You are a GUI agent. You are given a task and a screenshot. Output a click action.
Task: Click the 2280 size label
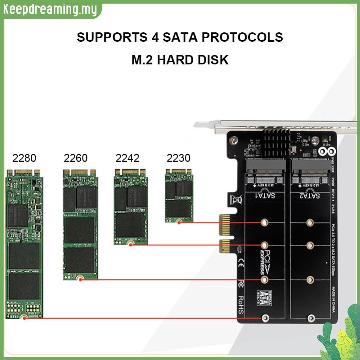click(x=24, y=158)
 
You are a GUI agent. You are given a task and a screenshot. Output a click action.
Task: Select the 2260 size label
click(x=76, y=158)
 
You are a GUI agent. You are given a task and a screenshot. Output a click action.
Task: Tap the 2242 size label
click(x=127, y=158)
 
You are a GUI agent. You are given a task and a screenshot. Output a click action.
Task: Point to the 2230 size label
click(x=179, y=158)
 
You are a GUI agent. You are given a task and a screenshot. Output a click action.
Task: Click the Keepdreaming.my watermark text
click(x=50, y=10)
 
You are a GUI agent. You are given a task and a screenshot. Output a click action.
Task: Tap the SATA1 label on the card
click(x=265, y=196)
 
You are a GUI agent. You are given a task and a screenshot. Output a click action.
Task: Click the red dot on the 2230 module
click(x=179, y=222)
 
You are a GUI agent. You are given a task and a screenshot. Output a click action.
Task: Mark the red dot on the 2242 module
click(x=131, y=244)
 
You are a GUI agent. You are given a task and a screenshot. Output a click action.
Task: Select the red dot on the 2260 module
click(x=81, y=279)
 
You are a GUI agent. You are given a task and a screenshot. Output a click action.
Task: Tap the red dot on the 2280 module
click(x=24, y=318)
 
